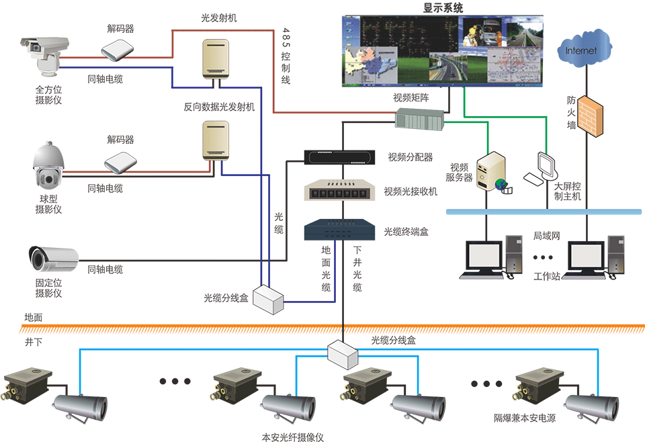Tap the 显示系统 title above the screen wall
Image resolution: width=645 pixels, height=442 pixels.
pos(443,8)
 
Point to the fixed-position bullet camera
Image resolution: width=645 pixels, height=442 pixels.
pos(53,259)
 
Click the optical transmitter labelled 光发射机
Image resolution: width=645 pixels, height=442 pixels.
pos(216,60)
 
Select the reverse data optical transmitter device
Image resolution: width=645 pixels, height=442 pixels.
pos(216,140)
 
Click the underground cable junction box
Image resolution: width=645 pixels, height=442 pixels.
pos(345,353)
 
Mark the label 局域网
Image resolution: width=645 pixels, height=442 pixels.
pos(546,236)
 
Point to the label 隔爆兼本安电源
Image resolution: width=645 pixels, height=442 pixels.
pos(525,417)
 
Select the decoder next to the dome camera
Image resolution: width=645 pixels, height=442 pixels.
pos(121,162)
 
